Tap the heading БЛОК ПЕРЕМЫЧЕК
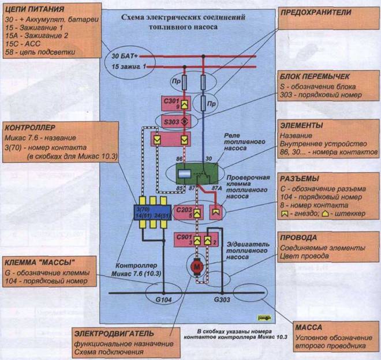[316, 76]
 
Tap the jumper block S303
[176, 122]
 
